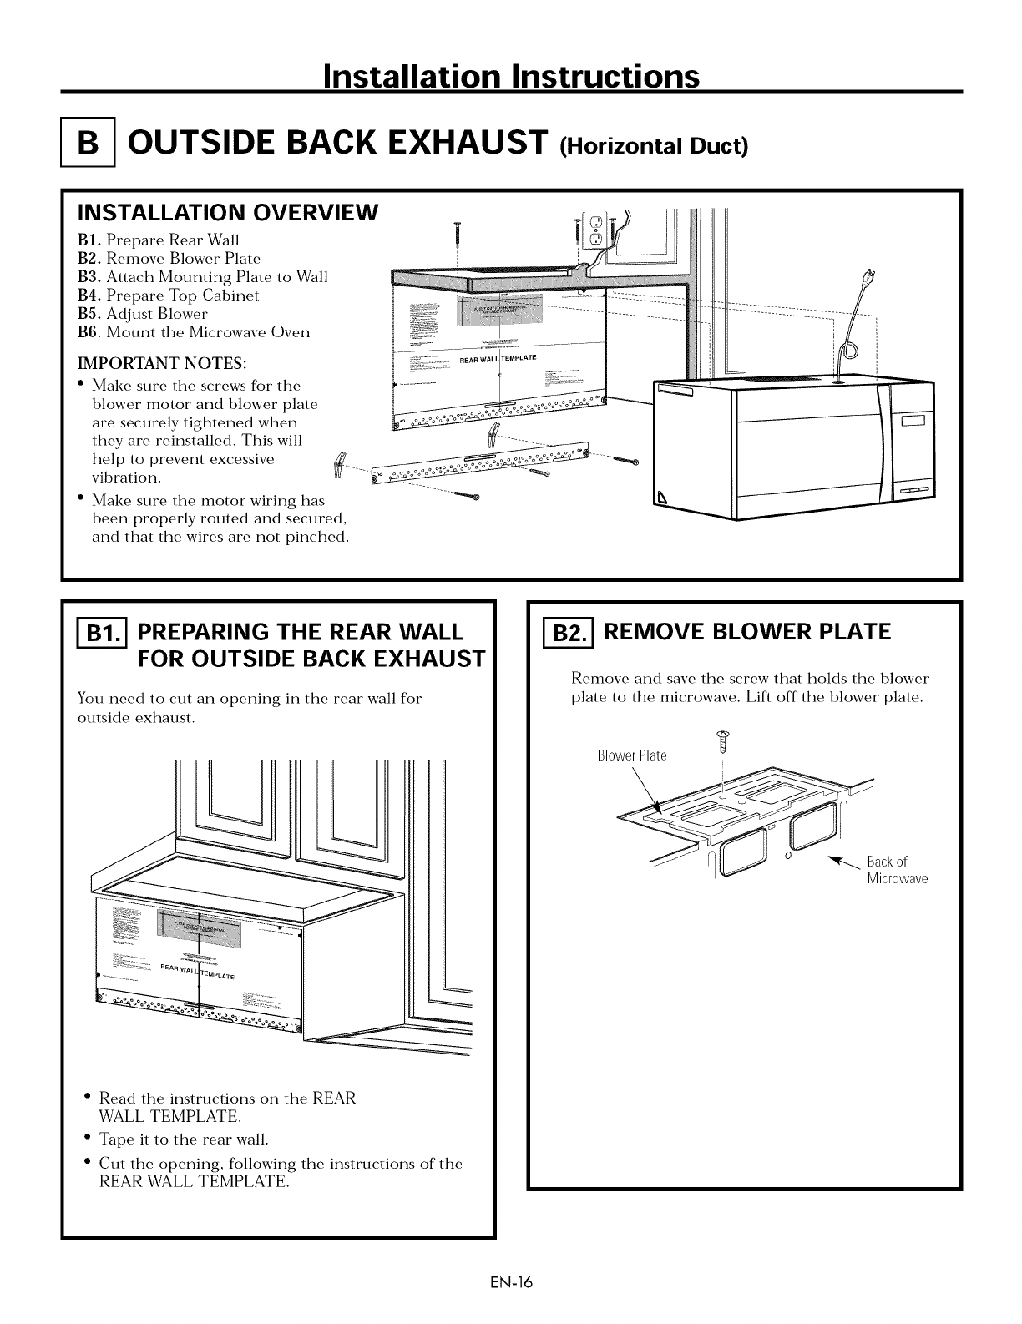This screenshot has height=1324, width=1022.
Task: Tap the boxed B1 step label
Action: coord(95,633)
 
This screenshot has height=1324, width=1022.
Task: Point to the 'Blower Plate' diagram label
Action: coord(632,755)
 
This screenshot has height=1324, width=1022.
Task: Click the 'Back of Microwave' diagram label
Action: coord(897,870)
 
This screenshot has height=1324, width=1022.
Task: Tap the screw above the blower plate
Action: coord(723,738)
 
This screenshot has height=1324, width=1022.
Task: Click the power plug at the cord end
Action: coord(868,278)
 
